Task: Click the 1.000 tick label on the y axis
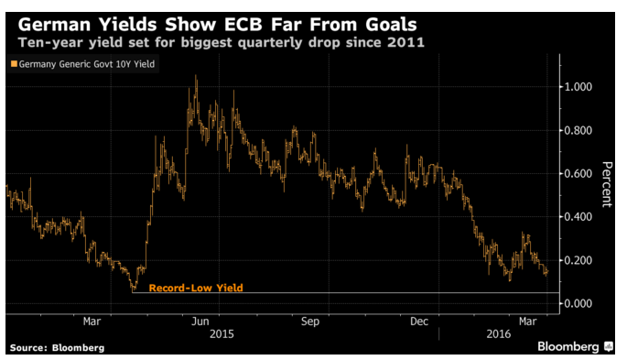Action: tap(578, 87)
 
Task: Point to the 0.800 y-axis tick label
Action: tap(578, 130)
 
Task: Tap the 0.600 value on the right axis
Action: tap(578, 174)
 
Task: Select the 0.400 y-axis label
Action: tap(578, 217)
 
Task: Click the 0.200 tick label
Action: tap(578, 260)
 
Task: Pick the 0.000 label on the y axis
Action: tap(578, 303)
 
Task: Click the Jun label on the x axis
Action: tap(200, 322)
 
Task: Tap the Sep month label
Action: tap(310, 322)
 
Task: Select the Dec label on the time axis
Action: tap(419, 322)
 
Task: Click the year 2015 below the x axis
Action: tap(222, 334)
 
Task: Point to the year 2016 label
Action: tap(499, 334)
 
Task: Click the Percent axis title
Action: tap(607, 184)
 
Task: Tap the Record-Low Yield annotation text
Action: tap(196, 288)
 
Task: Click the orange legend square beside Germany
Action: tap(14, 63)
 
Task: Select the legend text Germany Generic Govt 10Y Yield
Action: tap(87, 64)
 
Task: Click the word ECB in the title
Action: tap(243, 25)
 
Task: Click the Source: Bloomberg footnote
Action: tap(57, 348)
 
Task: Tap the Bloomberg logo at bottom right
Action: tap(576, 346)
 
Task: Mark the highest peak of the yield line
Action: tap(196, 75)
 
